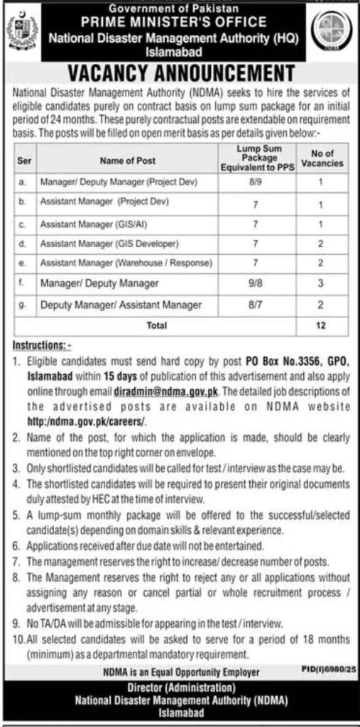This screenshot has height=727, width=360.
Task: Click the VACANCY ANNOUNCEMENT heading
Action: click(x=180, y=73)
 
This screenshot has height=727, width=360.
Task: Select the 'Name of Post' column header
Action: click(x=126, y=161)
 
